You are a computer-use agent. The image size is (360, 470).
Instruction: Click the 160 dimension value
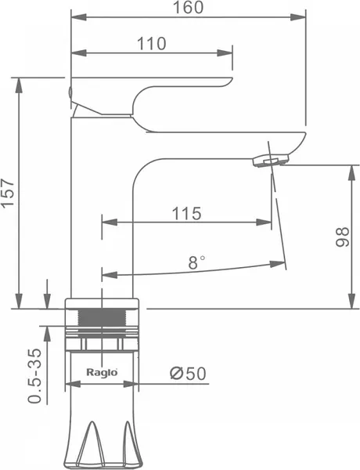tap(189, 8)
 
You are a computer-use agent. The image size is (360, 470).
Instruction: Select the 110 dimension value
tap(151, 44)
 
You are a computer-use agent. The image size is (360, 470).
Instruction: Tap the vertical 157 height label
tap(8, 193)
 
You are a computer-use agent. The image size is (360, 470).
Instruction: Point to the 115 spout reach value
tap(186, 214)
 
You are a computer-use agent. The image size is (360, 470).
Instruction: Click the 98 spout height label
tap(342, 237)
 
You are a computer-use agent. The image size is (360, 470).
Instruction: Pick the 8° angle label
tap(196, 262)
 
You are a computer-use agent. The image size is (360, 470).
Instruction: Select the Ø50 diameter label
tap(188, 374)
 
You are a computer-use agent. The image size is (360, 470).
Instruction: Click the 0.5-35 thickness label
tap(34, 376)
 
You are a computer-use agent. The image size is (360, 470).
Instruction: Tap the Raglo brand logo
tap(102, 372)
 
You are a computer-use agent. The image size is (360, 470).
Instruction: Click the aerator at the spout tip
tap(272, 160)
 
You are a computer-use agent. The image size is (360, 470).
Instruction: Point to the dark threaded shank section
tap(102, 317)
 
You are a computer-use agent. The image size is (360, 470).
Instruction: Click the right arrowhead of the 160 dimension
tap(298, 17)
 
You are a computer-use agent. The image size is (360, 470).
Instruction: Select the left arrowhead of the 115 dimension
tap(110, 222)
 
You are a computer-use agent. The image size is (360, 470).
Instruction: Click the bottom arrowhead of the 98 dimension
tap(351, 301)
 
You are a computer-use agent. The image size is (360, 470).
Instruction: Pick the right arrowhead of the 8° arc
tap(277, 264)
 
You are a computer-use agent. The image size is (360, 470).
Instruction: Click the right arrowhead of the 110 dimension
tap(225, 53)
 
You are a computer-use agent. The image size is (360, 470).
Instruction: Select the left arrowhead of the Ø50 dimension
tap(73, 384)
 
